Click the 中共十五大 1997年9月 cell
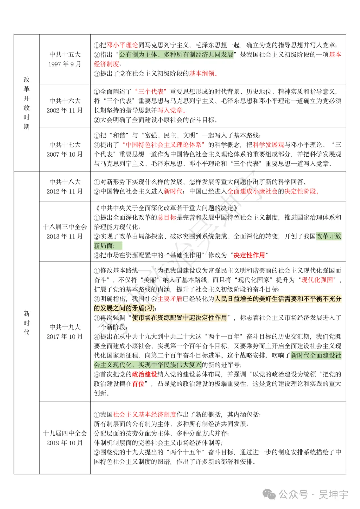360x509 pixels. tap(65, 59)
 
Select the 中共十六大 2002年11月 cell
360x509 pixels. tap(65, 105)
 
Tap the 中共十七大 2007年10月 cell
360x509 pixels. tap(65, 149)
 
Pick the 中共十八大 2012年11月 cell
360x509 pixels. tap(65, 186)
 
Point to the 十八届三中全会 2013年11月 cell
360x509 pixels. tap(65, 231)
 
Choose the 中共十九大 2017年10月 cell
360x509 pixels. tap(65, 332)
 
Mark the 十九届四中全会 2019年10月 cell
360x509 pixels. tap(65, 438)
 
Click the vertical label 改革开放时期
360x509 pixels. tap(27, 103)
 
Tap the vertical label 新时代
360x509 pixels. tap(27, 323)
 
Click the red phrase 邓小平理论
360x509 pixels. tap(122, 45)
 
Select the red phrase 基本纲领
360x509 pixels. tap(202, 73)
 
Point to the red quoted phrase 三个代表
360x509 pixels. tap(151, 91)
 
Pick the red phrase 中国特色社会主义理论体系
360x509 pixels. tap(163, 145)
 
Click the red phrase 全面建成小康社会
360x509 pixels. tap(252, 191)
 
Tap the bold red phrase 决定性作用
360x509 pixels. tap(249, 255)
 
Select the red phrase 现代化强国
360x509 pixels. tap(317, 280)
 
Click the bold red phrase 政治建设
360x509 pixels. tap(144, 374)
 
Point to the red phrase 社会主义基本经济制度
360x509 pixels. tap(144, 414)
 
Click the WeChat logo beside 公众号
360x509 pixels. tap(269, 494)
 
